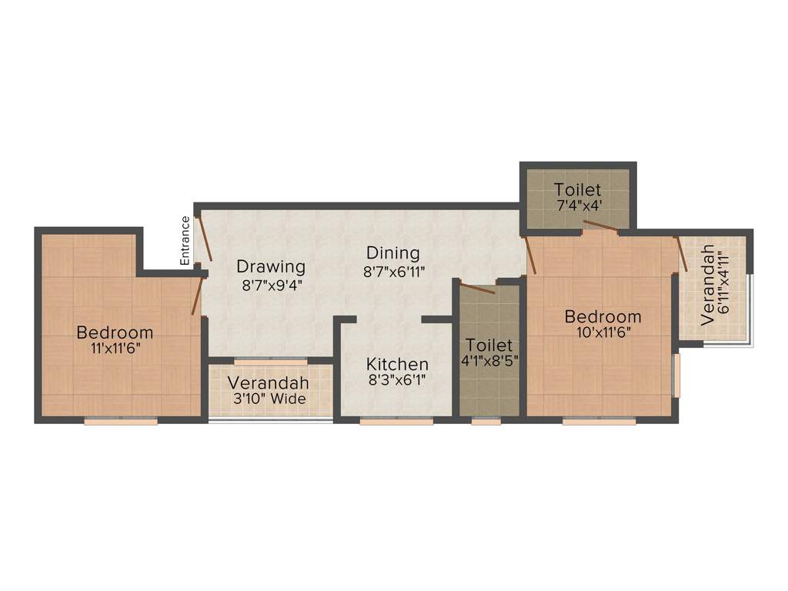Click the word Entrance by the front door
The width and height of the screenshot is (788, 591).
tap(185, 241)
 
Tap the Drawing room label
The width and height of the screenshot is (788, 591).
tap(271, 267)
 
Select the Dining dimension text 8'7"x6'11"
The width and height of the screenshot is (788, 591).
tap(392, 271)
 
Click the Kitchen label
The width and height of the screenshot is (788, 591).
tap(397, 363)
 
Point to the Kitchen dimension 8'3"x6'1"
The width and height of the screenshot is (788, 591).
tap(397, 379)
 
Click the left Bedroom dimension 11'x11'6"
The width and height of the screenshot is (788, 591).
tap(115, 348)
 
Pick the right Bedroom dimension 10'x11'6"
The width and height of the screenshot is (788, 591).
tap(603, 332)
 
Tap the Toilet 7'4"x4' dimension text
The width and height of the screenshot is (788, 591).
tap(577, 206)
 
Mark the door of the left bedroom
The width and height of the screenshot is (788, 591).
tap(199, 295)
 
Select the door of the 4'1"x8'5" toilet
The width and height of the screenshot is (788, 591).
tap(478, 289)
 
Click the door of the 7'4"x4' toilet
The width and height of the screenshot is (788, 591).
tap(599, 225)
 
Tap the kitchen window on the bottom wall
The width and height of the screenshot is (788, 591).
tap(397, 421)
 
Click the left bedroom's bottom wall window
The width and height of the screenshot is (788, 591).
tap(121, 421)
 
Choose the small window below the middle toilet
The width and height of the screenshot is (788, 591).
tap(486, 421)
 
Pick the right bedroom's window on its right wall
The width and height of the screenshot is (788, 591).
tap(676, 376)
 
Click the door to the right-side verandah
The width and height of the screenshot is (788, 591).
tap(681, 254)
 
